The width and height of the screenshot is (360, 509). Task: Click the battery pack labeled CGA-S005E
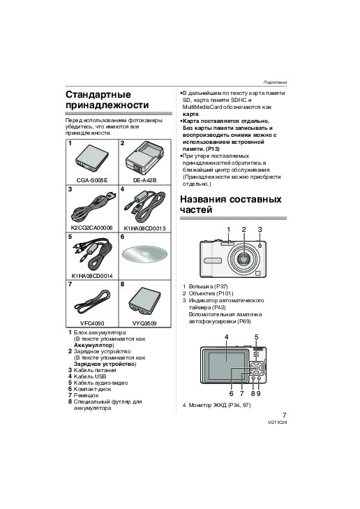click(92, 159)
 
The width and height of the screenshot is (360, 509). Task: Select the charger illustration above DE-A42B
click(144, 158)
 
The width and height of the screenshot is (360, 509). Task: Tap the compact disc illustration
click(144, 254)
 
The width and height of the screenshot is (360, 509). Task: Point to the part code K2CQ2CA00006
click(92, 228)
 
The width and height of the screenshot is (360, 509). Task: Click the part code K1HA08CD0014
click(92, 276)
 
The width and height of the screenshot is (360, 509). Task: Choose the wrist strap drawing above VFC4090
click(92, 302)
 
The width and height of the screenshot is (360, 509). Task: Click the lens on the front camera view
click(243, 258)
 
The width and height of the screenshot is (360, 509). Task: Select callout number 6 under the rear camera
click(231, 394)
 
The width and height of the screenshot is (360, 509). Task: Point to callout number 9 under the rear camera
click(258, 394)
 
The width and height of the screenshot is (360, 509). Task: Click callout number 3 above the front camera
click(260, 230)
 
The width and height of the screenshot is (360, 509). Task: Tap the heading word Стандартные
click(98, 94)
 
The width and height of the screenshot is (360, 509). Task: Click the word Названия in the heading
click(204, 199)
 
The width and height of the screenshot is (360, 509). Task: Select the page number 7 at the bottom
click(284, 415)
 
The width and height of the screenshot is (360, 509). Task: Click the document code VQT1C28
click(277, 422)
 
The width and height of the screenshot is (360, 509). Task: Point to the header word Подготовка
click(275, 82)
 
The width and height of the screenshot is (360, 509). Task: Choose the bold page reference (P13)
click(212, 149)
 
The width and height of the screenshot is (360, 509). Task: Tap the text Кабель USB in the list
click(90, 376)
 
